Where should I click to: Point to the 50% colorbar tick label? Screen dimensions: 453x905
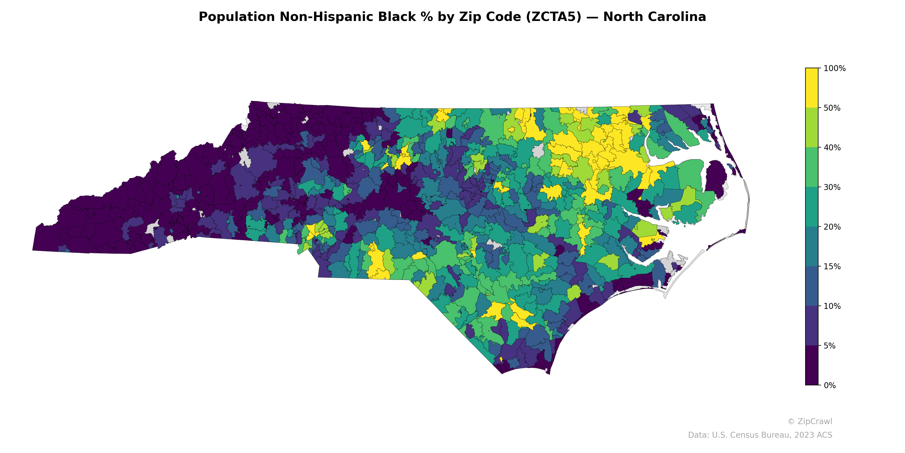click(832, 108)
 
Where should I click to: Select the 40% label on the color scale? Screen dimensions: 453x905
click(832, 148)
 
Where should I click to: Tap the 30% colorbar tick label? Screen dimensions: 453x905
click(832, 187)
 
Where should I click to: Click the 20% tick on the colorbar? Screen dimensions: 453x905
click(832, 227)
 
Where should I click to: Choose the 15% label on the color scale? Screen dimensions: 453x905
click(832, 267)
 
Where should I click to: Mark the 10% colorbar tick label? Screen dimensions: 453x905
click(832, 306)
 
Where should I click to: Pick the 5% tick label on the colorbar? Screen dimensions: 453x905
click(829, 346)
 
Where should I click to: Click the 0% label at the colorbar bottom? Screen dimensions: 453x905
click(829, 385)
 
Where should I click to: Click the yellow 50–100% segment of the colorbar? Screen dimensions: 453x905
click(812, 88)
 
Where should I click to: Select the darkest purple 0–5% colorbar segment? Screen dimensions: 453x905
click(812, 366)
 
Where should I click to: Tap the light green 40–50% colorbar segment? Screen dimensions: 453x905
click(812, 128)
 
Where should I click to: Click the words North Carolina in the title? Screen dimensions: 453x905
click(654, 17)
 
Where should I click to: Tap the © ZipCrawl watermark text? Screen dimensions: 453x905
click(810, 421)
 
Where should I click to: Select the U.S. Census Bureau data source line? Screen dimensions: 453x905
click(760, 435)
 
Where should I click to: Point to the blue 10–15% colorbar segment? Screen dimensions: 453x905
click(812, 286)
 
